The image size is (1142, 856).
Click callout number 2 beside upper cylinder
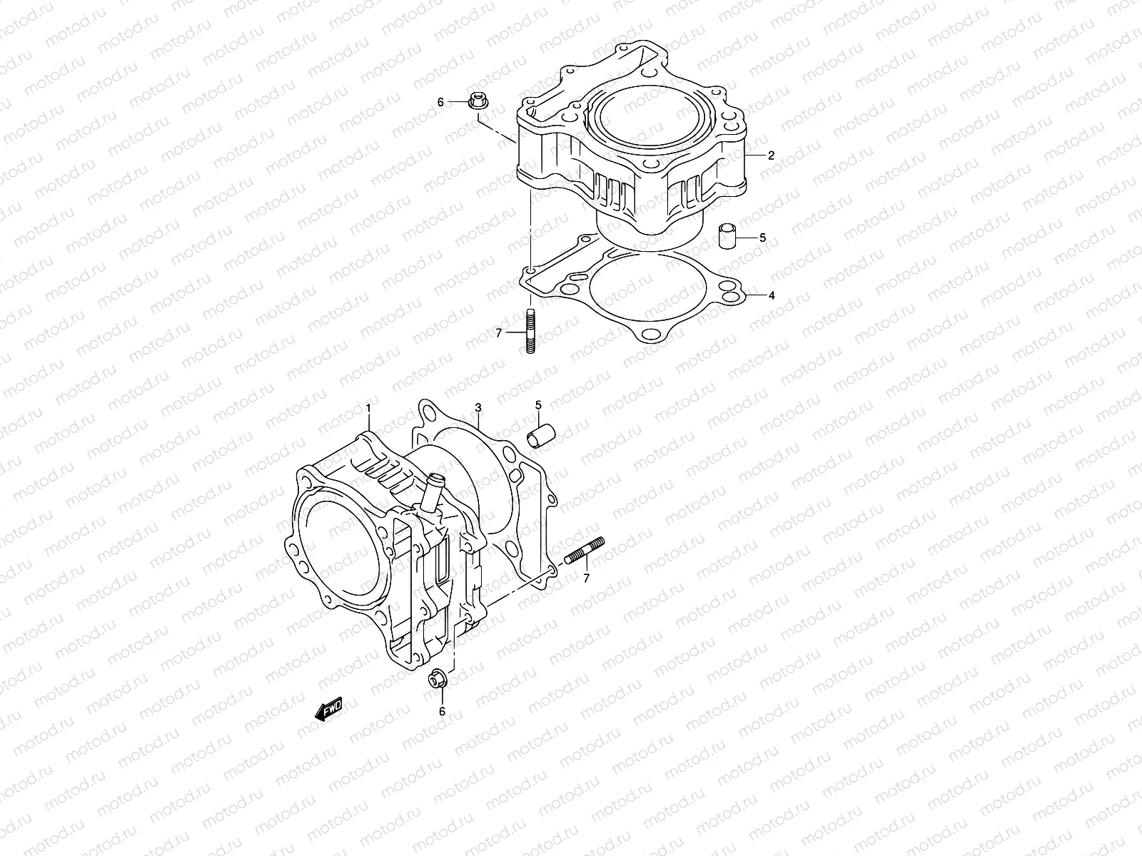[x=771, y=155]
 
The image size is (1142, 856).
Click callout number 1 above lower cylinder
[x=368, y=408]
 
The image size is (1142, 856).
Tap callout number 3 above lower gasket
[x=478, y=407]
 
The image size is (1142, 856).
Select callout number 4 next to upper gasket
[x=772, y=295]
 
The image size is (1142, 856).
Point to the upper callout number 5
[x=762, y=238]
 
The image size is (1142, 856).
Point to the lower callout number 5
[x=539, y=405]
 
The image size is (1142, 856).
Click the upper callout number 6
[x=440, y=103]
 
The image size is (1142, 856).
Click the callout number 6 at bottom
[x=442, y=711]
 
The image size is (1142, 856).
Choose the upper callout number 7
[x=499, y=332]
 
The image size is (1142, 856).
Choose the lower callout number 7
[x=586, y=579]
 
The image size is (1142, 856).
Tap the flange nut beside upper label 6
[x=477, y=102]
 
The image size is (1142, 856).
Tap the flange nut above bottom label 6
[x=438, y=678]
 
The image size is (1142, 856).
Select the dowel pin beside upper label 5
[x=727, y=236]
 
